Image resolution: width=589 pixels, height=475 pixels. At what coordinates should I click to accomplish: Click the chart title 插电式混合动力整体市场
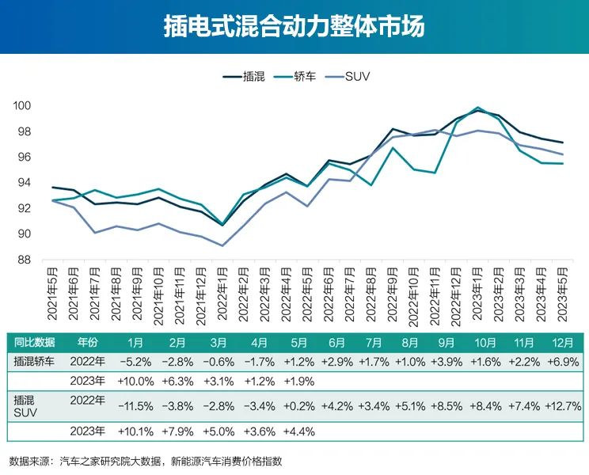pyautogui.click(x=294, y=26)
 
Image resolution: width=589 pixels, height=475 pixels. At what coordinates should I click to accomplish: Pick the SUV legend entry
pyautogui.click(x=346, y=77)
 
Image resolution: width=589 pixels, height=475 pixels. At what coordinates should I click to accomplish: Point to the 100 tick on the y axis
pyautogui.click(x=21, y=106)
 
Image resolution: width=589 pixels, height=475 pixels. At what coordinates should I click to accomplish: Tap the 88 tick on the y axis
pyautogui.click(x=21, y=260)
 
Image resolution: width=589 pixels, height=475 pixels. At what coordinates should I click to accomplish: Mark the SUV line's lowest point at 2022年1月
pyautogui.click(x=222, y=245)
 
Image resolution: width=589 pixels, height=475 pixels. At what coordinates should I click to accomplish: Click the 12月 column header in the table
pyautogui.click(x=564, y=343)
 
